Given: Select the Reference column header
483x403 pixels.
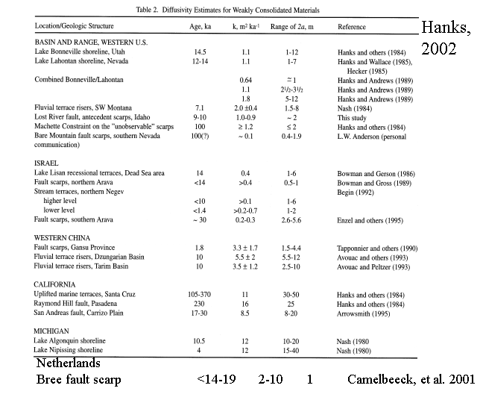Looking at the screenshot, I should [351, 27].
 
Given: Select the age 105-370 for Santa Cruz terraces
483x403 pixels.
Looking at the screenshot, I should [200, 295].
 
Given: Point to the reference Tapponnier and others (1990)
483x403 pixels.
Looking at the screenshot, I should [376, 247].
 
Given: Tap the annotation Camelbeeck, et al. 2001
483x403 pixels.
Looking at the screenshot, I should [411, 379].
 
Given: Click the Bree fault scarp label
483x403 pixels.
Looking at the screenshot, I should [78, 379].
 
